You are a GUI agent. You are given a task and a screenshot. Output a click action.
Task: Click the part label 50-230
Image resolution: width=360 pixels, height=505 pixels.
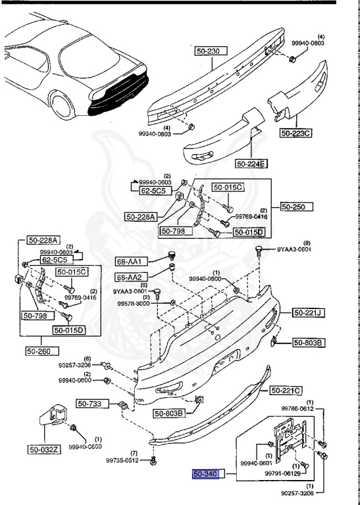pyautogui.click(x=211, y=50)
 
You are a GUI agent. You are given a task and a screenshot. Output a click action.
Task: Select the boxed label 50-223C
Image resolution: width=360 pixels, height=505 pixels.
pyautogui.click(x=296, y=133)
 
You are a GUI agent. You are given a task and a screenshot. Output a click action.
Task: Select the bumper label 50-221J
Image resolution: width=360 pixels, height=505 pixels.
pyautogui.click(x=307, y=312)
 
